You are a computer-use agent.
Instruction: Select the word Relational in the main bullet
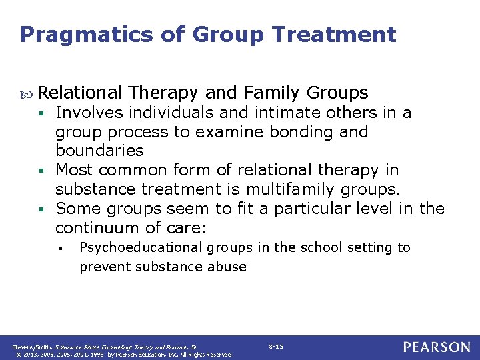pyautogui.click(x=80, y=93)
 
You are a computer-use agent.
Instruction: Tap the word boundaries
pyautogui.click(x=99, y=151)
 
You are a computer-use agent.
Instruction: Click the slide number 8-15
pyautogui.click(x=276, y=347)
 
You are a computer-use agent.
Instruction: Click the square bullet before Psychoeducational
pyautogui.click(x=60, y=249)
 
